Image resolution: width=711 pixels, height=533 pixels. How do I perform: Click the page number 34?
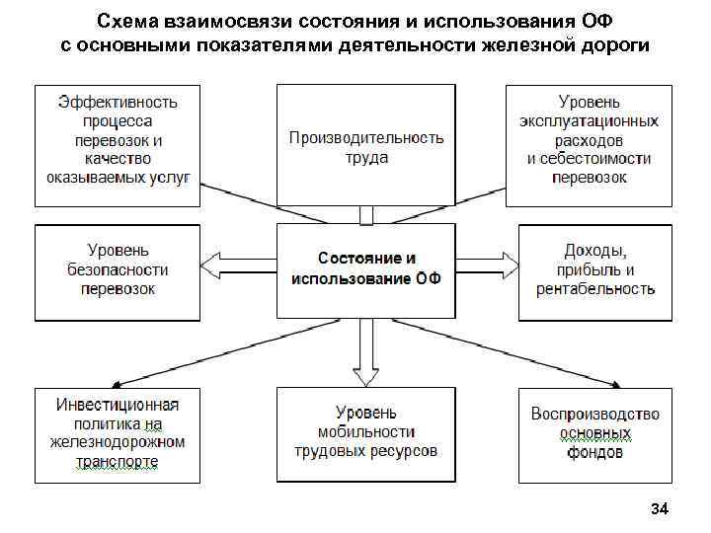tap(660, 509)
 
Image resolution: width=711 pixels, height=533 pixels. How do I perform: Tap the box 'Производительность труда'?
tap(365, 145)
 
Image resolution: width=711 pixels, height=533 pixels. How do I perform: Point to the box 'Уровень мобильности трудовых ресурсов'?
tap(365, 434)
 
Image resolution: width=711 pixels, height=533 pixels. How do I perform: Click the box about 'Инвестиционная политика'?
tap(118, 434)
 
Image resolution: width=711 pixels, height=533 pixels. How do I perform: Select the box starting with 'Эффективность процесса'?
tap(118, 145)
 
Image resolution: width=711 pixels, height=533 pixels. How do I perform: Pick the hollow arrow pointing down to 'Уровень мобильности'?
tap(366, 355)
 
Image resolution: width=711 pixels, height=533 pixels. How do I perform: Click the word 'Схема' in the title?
tap(127, 22)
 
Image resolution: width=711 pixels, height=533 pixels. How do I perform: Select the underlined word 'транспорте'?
tap(118, 461)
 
